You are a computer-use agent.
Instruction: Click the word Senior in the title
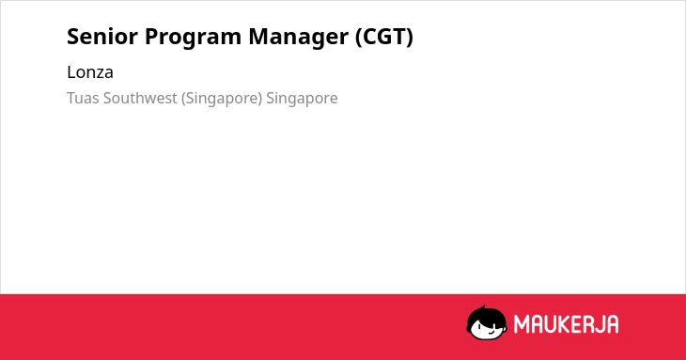[102, 37]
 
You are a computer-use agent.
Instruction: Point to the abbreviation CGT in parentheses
[384, 37]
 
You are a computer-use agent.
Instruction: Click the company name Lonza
[90, 72]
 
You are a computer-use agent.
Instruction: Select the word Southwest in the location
[140, 98]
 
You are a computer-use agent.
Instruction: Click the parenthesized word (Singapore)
[222, 99]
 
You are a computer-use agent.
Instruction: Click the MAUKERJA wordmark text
[566, 324]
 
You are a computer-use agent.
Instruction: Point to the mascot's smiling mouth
[491, 332]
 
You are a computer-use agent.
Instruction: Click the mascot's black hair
[486, 317]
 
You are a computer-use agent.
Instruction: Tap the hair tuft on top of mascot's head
[484, 308]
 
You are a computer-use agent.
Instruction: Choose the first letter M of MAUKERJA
[522, 324]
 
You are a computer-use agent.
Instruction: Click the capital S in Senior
[73, 37]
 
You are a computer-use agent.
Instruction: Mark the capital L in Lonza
[70, 72]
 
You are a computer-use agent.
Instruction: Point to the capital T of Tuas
[71, 98]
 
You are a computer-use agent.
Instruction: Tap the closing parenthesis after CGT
[410, 38]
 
